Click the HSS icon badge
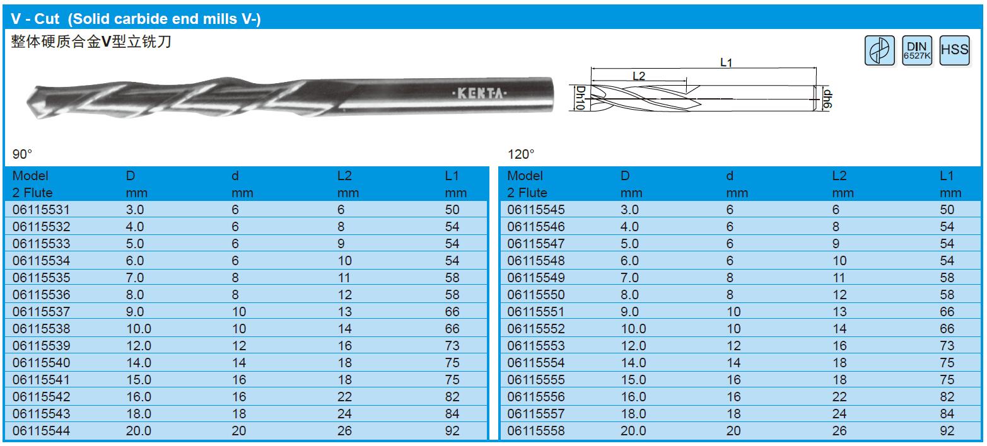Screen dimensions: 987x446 point(954,50)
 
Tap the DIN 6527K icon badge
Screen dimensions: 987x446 point(917,50)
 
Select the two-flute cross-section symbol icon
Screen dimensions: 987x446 point(880,50)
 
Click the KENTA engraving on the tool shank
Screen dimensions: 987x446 point(480,93)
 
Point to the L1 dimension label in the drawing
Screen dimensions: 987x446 point(726,62)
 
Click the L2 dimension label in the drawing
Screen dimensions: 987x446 point(638,76)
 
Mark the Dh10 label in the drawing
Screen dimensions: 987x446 point(581,97)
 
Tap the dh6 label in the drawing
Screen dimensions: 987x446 point(827,99)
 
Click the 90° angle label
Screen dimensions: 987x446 point(22,154)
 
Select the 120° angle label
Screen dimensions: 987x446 point(521,154)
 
